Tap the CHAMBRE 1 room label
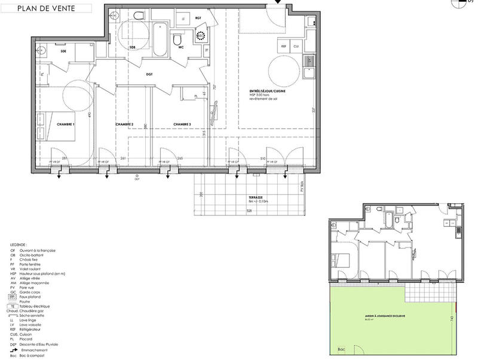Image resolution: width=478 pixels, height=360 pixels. point(65,124)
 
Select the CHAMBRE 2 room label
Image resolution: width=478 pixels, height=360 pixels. point(124,124)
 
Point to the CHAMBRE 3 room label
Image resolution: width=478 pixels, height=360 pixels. point(182,124)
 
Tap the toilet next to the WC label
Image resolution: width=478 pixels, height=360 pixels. point(177,39)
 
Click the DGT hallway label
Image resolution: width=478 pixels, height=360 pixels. point(149,75)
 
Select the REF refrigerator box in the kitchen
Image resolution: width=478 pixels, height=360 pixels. point(284,45)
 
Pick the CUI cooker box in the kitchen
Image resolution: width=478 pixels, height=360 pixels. point(296,45)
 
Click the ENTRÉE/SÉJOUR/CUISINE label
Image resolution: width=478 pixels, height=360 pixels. point(268,91)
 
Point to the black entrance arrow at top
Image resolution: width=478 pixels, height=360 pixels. point(277,3)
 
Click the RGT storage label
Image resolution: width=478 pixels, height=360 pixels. point(198,19)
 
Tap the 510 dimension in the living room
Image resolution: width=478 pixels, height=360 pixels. point(263,159)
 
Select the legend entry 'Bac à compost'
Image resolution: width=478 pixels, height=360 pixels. point(33,356)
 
